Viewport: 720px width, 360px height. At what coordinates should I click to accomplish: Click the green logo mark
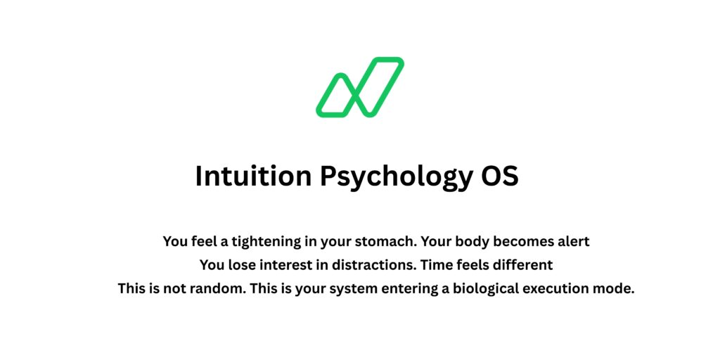coord(359,87)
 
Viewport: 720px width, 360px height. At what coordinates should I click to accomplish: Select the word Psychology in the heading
coord(397,176)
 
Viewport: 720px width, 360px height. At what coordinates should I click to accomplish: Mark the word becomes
coord(522,242)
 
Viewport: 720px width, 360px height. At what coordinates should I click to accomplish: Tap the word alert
coord(571,242)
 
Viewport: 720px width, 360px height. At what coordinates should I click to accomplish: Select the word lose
coord(239,265)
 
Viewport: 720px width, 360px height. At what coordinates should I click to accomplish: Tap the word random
coord(214,288)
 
